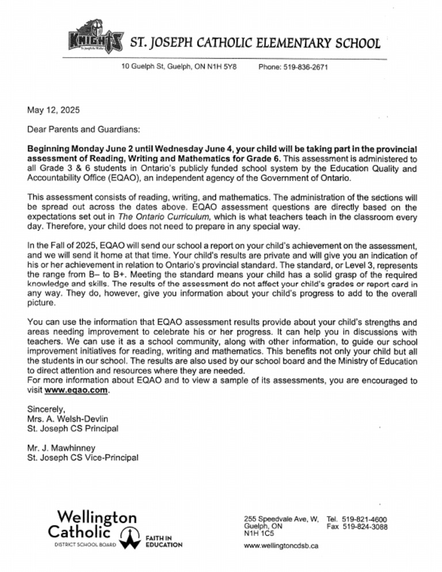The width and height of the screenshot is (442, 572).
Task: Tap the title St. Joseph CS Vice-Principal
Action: tap(83, 458)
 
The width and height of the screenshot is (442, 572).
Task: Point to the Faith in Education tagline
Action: tap(163, 541)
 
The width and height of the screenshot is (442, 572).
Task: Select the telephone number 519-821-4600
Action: tap(365, 518)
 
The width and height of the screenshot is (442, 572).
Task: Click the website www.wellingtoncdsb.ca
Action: tap(281, 546)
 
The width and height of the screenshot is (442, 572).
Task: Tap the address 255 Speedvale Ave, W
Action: tap(281, 518)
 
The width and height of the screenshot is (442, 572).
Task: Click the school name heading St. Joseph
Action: tap(255, 42)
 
